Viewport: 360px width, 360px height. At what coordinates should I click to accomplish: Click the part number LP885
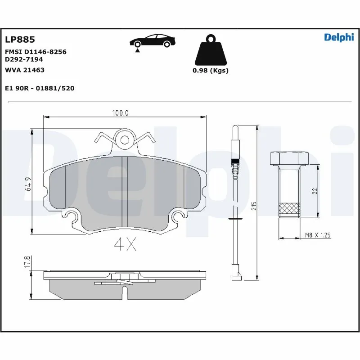(x=19, y=40)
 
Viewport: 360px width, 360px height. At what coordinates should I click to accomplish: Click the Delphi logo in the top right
(x=339, y=37)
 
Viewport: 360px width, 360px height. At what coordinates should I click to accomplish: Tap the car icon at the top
(x=152, y=41)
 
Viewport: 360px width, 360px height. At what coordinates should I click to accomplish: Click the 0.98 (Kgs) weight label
(x=210, y=70)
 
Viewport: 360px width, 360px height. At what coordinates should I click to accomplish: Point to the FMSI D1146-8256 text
(x=36, y=52)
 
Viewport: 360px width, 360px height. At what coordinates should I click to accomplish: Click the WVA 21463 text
(x=24, y=70)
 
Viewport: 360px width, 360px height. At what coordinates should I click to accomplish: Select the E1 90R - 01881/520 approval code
(x=39, y=88)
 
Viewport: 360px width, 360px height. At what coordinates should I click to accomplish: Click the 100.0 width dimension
(x=120, y=113)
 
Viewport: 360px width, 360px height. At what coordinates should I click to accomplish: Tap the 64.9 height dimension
(x=27, y=185)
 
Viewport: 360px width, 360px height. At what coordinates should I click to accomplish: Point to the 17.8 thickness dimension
(x=27, y=262)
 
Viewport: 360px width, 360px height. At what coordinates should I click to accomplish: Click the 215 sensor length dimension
(x=254, y=206)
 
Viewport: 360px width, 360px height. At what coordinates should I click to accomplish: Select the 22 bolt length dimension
(x=315, y=191)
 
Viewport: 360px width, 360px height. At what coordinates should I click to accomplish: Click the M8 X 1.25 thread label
(x=318, y=235)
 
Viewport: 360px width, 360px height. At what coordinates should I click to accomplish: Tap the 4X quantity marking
(x=125, y=244)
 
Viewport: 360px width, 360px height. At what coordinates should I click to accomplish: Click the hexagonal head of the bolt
(x=288, y=158)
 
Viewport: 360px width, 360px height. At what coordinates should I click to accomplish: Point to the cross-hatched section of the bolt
(x=289, y=209)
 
